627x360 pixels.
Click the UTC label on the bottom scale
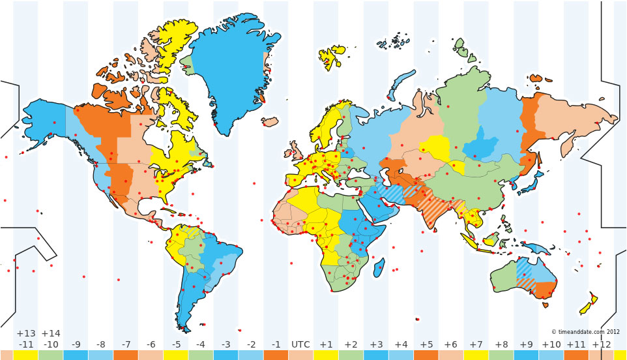[x=300, y=344]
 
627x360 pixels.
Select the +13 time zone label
[x=25, y=333]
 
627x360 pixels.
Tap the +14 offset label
[x=51, y=333]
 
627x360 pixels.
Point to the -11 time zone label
[x=25, y=344]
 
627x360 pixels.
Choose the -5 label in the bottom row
[x=176, y=344]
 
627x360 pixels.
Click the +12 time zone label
[x=601, y=344]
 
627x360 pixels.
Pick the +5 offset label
[x=426, y=344]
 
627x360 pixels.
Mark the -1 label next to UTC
[x=276, y=344]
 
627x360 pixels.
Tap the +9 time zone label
[x=526, y=344]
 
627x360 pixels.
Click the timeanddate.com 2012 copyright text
[x=585, y=332]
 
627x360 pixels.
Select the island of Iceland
[x=270, y=121]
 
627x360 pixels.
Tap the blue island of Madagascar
[x=379, y=267]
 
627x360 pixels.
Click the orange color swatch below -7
[x=126, y=355]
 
